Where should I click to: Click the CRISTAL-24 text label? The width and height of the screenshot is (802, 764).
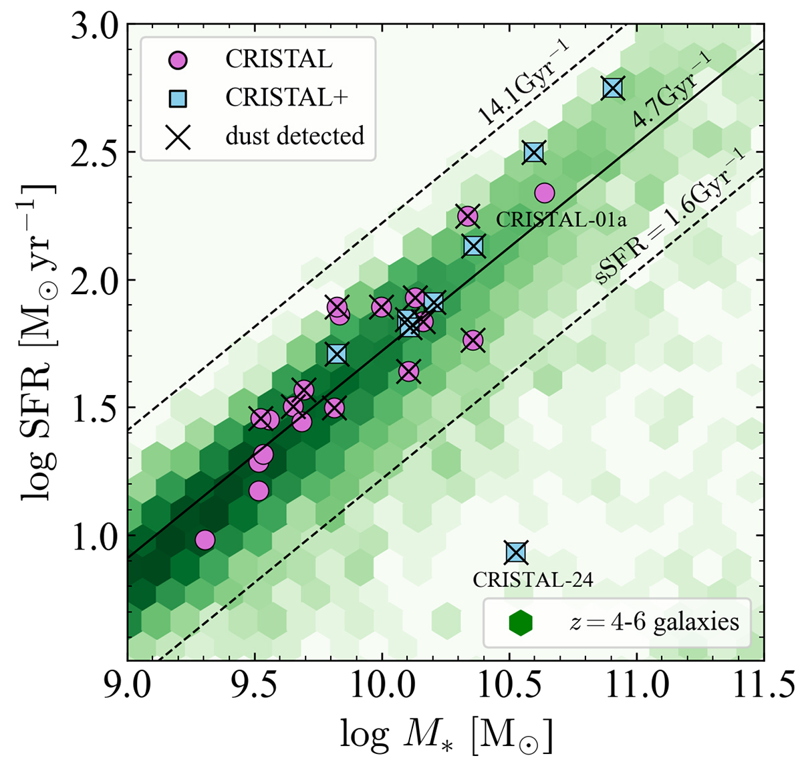pyautogui.click(x=533, y=580)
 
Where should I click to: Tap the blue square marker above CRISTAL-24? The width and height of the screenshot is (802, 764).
pyautogui.click(x=516, y=553)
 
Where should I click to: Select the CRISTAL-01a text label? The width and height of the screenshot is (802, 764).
pyautogui.click(x=551, y=219)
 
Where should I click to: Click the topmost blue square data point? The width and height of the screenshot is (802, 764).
pyautogui.click(x=613, y=88)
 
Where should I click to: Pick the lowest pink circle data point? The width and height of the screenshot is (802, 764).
pyautogui.click(x=205, y=539)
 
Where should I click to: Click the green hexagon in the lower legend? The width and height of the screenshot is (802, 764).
pyautogui.click(x=520, y=623)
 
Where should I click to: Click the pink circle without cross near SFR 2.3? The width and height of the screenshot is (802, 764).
pyautogui.click(x=545, y=193)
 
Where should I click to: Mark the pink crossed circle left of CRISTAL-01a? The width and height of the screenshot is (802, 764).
pyautogui.click(x=467, y=216)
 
